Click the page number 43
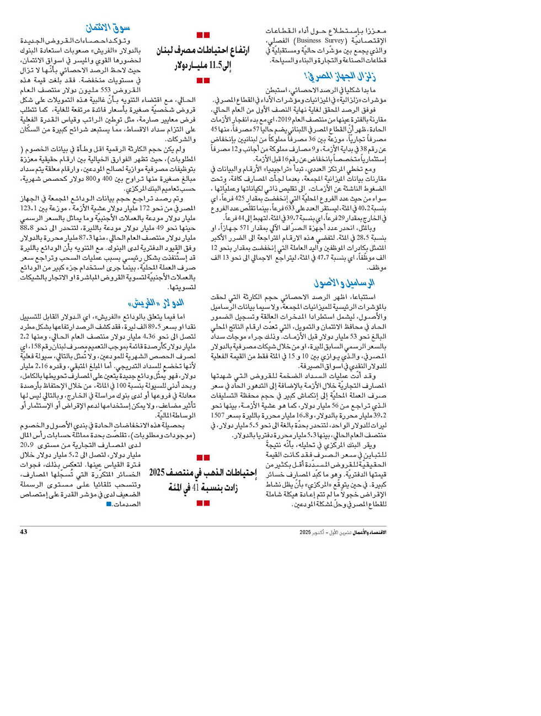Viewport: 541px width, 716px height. tap(23, 532)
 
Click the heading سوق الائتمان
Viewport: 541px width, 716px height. tap(108, 28)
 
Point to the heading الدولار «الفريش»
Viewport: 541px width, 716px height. tap(156, 303)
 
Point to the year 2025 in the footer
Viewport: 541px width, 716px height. tap(306, 532)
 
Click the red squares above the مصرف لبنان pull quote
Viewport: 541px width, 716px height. tap(203, 35)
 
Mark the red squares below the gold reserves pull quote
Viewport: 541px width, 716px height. tap(203, 502)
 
